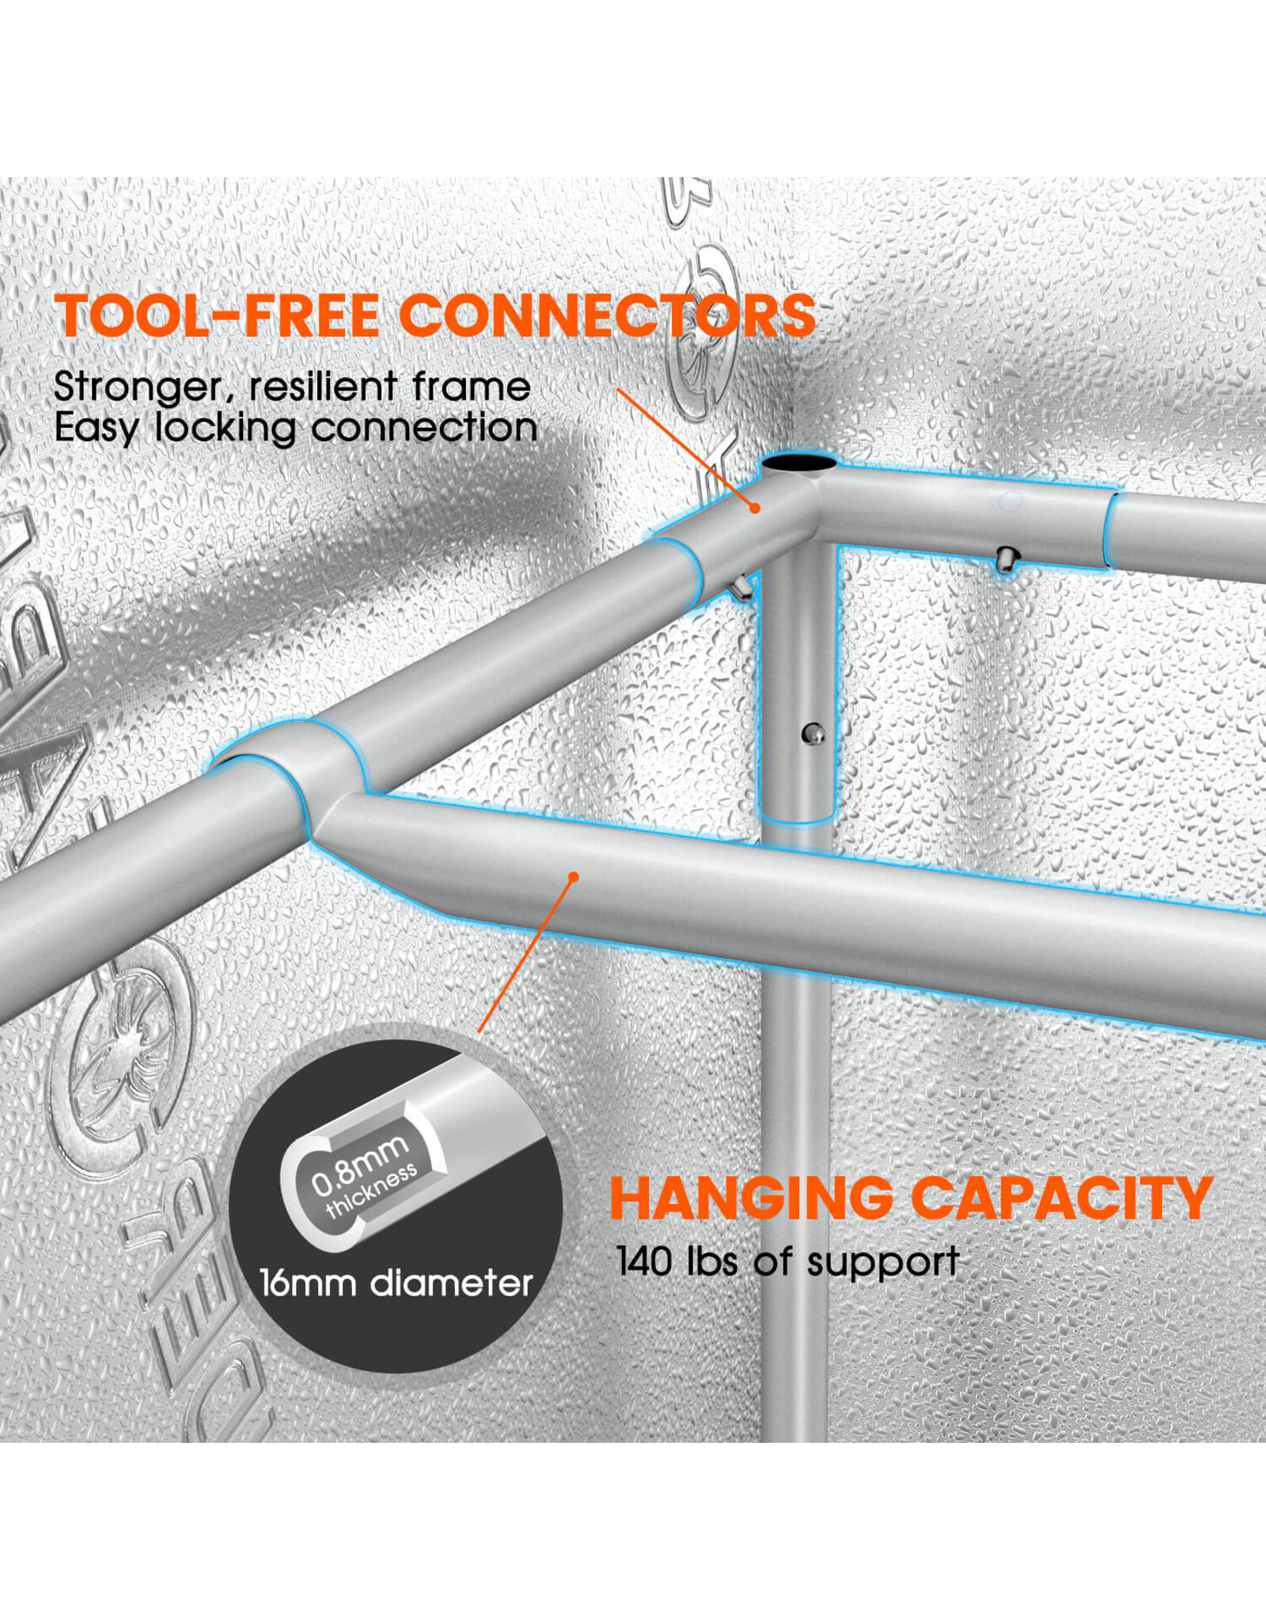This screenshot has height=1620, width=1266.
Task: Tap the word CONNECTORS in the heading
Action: [607, 316]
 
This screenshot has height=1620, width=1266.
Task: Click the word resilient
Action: [322, 387]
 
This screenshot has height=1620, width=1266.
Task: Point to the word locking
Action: [225, 428]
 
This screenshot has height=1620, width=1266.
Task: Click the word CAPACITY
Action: [1062, 1199]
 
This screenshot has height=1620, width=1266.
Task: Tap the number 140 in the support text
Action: [644, 1261]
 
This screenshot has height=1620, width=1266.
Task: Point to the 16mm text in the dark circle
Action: [308, 1283]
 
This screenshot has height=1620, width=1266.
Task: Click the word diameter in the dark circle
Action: [452, 1283]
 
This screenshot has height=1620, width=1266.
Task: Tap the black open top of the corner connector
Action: [799, 463]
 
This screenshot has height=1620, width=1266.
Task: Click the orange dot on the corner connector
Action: [755, 508]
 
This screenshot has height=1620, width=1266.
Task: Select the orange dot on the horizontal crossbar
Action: [574, 876]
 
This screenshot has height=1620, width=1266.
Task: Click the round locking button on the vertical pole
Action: [812, 734]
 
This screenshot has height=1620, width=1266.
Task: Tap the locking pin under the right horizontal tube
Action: [1006, 560]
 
